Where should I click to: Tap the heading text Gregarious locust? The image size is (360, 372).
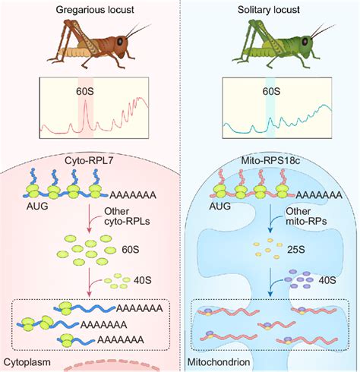pos(90,8)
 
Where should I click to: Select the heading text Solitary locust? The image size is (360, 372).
pos(270,8)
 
